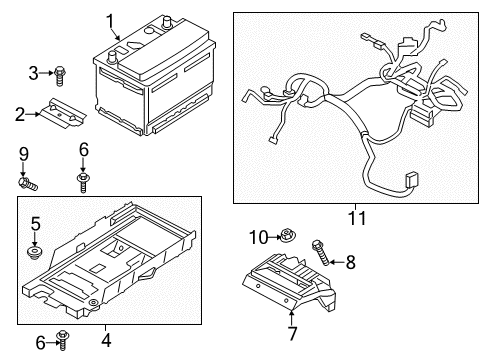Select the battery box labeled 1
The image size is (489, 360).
pyautogui.click(x=150, y=90)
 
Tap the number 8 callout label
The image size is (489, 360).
pyautogui.click(x=349, y=262)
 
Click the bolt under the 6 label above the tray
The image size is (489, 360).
pyautogui.click(x=83, y=181)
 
